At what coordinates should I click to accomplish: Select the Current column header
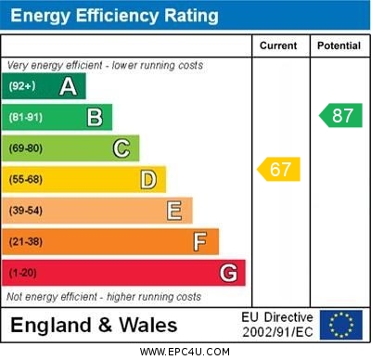click(x=278, y=45)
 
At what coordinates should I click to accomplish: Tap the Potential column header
click(x=339, y=45)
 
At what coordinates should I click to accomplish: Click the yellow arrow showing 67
click(x=279, y=170)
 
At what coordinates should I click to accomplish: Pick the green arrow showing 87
click(x=340, y=116)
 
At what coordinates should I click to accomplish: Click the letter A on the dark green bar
click(x=68, y=87)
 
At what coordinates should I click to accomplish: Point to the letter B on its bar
click(x=95, y=118)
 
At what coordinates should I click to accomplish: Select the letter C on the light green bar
click(x=121, y=148)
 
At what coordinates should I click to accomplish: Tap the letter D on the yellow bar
click(x=147, y=180)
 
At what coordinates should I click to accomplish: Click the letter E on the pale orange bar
click(x=173, y=211)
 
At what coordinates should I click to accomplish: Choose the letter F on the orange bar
click(x=199, y=242)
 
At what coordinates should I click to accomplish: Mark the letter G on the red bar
click(x=227, y=273)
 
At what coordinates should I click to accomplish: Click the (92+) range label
click(x=22, y=87)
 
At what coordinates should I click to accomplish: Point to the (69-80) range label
click(x=26, y=148)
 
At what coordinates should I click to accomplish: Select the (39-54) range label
click(x=26, y=211)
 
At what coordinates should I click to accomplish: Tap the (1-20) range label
click(x=23, y=273)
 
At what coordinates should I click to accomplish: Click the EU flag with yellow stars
click(x=340, y=325)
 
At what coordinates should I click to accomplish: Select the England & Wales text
click(x=94, y=326)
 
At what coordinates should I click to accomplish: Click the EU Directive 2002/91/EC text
click(x=277, y=325)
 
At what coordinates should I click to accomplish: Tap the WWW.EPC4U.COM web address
click(x=185, y=352)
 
